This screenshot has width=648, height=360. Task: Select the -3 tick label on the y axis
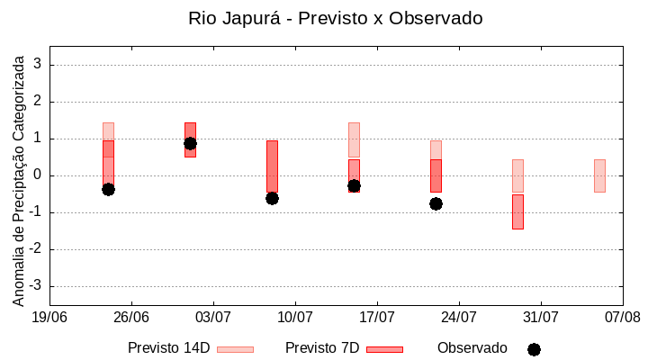coord(36,286)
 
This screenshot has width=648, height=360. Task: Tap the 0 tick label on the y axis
coord(38,175)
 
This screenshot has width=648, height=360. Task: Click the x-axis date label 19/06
coord(49,318)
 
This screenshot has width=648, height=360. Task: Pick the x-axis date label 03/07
coord(213,318)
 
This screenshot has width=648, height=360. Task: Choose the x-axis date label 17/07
coord(377,318)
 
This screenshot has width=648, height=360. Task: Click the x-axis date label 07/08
coord(622,318)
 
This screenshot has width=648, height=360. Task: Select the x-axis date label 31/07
coord(541,318)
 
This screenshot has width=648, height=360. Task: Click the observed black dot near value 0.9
coord(190,143)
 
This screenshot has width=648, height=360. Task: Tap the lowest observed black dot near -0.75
coord(436,203)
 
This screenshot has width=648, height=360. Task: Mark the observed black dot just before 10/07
coord(272,198)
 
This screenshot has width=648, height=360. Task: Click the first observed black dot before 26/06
coord(108,189)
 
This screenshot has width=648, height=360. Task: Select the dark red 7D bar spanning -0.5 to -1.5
coord(517,211)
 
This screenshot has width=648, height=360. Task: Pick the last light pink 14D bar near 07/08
coord(599,175)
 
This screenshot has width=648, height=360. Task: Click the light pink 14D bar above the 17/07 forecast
coord(354,139)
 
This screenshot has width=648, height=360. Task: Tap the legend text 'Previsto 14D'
coord(168,348)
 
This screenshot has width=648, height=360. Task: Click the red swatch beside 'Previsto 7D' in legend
coord(384,349)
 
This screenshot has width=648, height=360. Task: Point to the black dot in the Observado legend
coord(534,349)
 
